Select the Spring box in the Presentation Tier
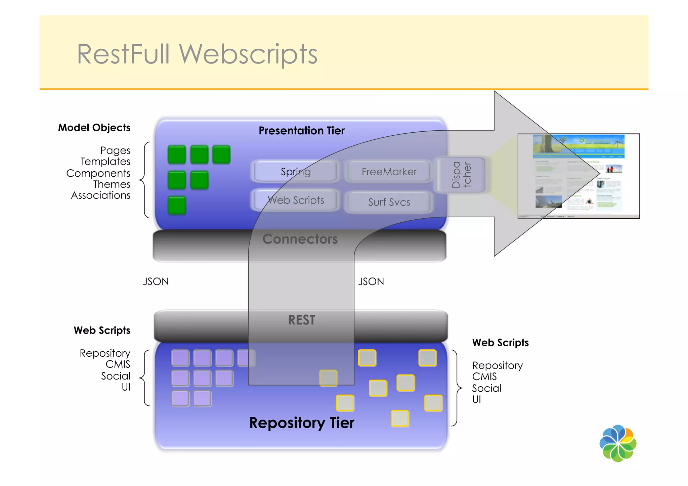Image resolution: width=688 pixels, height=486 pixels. pos(295,172)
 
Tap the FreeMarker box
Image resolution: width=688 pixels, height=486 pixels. pos(389,172)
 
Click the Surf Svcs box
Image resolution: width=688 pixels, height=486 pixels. pos(389,202)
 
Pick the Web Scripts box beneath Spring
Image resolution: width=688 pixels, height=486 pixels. pos(295,200)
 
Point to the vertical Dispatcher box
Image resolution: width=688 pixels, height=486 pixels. pos(461,175)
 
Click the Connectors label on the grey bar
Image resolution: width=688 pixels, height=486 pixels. pos(300,239)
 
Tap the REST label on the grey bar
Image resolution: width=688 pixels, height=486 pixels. pos(301,320)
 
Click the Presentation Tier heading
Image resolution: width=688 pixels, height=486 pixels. pos(301,131)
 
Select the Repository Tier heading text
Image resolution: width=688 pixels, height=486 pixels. pos(301,423)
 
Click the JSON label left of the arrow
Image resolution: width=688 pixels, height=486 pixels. pos(156,281)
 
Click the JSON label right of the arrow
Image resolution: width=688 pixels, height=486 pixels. pos(371,281)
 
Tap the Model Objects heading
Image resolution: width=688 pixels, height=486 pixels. pos(94,128)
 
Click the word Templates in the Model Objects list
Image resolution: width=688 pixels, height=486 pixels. pos(105,162)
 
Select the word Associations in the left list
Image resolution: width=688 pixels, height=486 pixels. pos(100,195)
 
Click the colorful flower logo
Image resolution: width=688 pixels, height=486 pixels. pos(617,443)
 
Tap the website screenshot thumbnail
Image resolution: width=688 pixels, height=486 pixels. pos(578,176)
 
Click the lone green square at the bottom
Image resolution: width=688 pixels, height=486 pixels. pos(177,205)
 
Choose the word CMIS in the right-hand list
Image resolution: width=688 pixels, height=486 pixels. pos(484,377)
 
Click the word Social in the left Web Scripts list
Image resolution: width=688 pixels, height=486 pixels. pos(116,376)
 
